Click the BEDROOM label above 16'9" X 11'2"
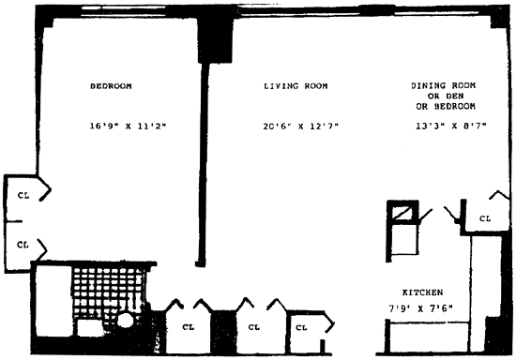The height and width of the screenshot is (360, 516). pyautogui.click(x=111, y=86)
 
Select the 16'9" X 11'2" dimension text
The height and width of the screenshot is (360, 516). pyautogui.click(x=128, y=126)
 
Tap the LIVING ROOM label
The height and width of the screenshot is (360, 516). pyautogui.click(x=296, y=86)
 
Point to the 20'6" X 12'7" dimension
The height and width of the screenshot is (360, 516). pyautogui.click(x=300, y=126)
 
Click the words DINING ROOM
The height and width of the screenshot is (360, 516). pyautogui.click(x=443, y=85)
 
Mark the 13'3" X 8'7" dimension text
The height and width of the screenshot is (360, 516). pyautogui.click(x=451, y=126)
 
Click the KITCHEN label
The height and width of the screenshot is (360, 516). pyautogui.click(x=422, y=292)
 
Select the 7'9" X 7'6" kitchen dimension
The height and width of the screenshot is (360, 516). pyautogui.click(x=420, y=308)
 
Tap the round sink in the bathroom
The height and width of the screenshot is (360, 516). pyautogui.click(x=126, y=321)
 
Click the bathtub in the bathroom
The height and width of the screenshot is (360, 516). pyautogui.click(x=53, y=300)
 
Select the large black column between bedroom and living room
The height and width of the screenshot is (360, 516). pyautogui.click(x=215, y=40)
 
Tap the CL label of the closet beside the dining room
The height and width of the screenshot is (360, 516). pyautogui.click(x=485, y=218)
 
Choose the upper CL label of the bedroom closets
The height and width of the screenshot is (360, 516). pyautogui.click(x=23, y=195)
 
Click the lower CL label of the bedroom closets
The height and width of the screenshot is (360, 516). pyautogui.click(x=23, y=245)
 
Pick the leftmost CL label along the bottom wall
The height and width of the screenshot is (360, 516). pyautogui.click(x=189, y=327)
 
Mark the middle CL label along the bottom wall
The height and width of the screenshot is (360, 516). pyautogui.click(x=253, y=327)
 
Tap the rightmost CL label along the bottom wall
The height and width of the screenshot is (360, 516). pyautogui.click(x=301, y=327)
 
